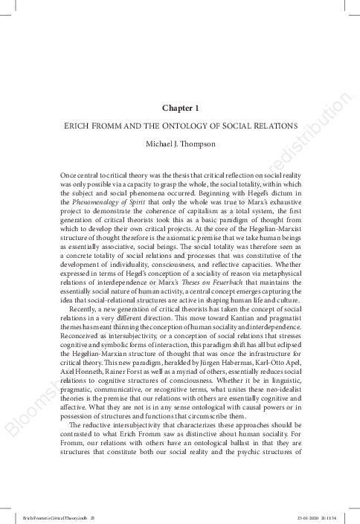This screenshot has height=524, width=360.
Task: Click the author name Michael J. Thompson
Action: [179, 141]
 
